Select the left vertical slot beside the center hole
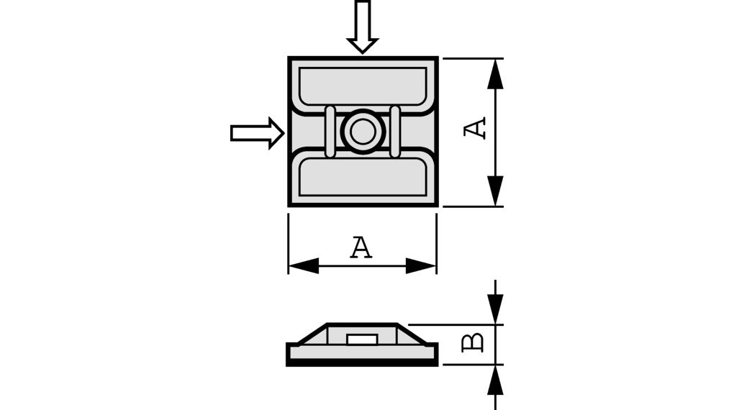click(330, 131)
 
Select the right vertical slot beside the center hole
click(395, 131)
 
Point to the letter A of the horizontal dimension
click(361, 247)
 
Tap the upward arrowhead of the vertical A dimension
click(494, 75)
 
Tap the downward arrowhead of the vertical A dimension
click(494, 190)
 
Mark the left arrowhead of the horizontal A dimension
click(303, 265)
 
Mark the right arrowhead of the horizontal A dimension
click(421, 265)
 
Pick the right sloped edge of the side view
click(415, 334)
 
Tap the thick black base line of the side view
click(362, 363)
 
